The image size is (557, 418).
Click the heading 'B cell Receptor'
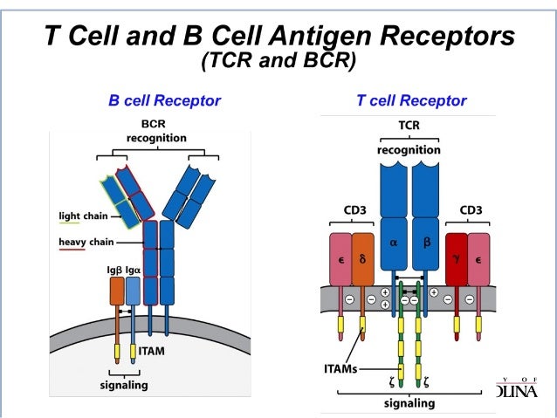coord(164,100)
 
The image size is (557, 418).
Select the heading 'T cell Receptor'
coord(411,100)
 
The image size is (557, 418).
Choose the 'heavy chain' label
coord(84,241)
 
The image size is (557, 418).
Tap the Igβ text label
coord(114,271)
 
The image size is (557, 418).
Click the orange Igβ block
coord(116,291)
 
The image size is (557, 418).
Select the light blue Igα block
coord(133,291)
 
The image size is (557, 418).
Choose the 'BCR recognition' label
coord(156,131)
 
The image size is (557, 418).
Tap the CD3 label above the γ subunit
coord(471,209)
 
